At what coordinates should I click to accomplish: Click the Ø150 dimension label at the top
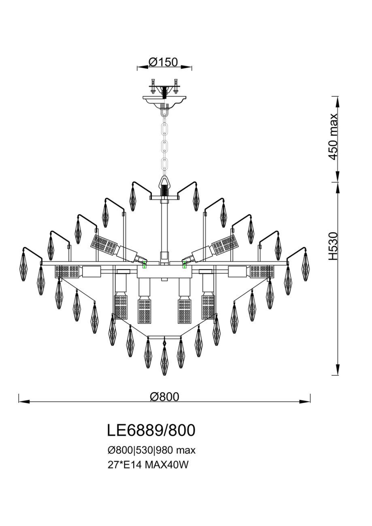pyautogui.click(x=163, y=62)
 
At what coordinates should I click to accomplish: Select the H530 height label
pyautogui.click(x=333, y=246)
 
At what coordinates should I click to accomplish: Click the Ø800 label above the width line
pyautogui.click(x=164, y=397)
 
